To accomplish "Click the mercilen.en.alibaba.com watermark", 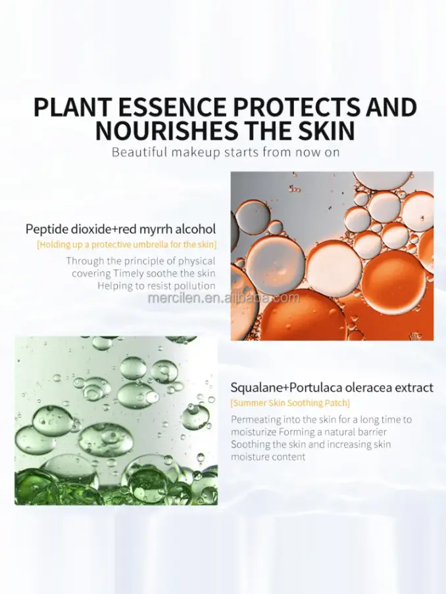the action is (x=224, y=298).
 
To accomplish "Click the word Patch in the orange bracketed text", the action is (x=337, y=403).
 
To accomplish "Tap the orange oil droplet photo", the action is (x=332, y=256).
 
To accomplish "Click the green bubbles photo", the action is (x=116, y=421).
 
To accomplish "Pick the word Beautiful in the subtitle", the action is (x=139, y=152).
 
